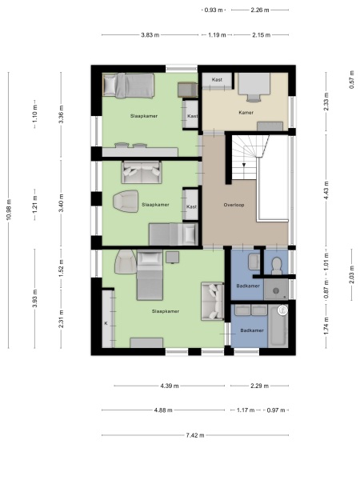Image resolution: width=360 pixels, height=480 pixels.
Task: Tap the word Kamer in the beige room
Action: tap(245, 113)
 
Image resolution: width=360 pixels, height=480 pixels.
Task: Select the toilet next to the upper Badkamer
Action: tap(276, 264)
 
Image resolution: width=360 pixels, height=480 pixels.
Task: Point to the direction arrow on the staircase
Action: tap(244, 165)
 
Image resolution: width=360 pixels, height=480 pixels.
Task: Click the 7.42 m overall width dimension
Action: tap(194, 435)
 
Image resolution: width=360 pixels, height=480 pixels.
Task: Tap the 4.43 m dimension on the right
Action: tap(326, 189)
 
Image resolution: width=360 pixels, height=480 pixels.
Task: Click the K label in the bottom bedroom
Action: tap(106, 322)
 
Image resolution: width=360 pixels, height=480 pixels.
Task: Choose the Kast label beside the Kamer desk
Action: tap(217, 80)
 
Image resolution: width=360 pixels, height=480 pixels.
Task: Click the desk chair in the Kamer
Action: tap(254, 98)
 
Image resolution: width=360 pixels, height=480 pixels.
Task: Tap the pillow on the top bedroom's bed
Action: tap(111, 83)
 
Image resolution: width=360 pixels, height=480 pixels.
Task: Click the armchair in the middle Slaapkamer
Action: tap(126, 203)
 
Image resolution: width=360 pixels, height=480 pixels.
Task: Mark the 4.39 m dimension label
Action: tap(169, 386)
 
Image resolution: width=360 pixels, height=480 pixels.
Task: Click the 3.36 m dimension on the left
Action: tap(61, 114)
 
